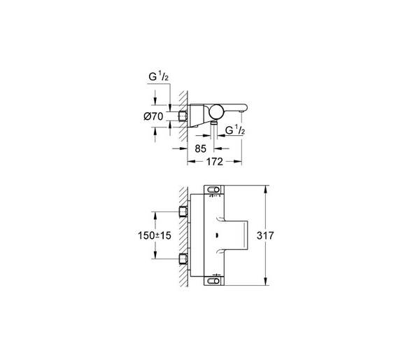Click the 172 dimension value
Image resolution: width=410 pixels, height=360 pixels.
point(215,162)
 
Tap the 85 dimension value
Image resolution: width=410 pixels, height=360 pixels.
point(201,148)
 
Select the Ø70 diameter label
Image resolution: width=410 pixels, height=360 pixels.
point(153,116)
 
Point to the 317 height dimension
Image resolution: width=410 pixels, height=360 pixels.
point(265,235)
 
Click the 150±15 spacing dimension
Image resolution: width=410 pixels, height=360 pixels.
point(154,235)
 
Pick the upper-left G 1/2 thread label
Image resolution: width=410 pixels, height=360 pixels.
point(158,77)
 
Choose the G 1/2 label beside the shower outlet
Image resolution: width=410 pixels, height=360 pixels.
point(235,130)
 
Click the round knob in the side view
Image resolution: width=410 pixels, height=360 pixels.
point(216,112)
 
